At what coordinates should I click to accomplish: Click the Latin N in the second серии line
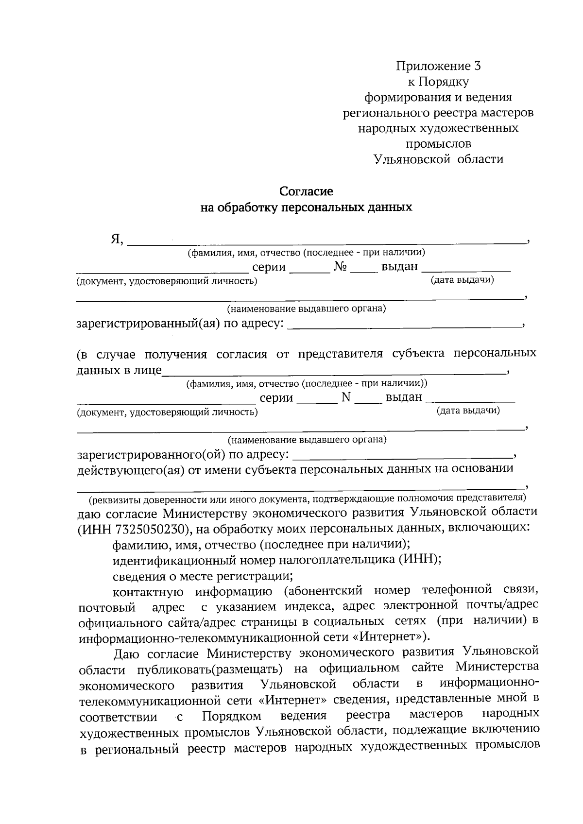[x=346, y=397]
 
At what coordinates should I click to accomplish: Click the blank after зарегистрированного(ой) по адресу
[x=403, y=455]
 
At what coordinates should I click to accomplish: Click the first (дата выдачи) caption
[x=462, y=280]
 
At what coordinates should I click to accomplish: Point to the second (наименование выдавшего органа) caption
[x=307, y=440]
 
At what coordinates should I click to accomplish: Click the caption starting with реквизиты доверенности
[x=307, y=498]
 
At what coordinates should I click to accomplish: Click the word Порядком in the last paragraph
[x=232, y=716]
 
